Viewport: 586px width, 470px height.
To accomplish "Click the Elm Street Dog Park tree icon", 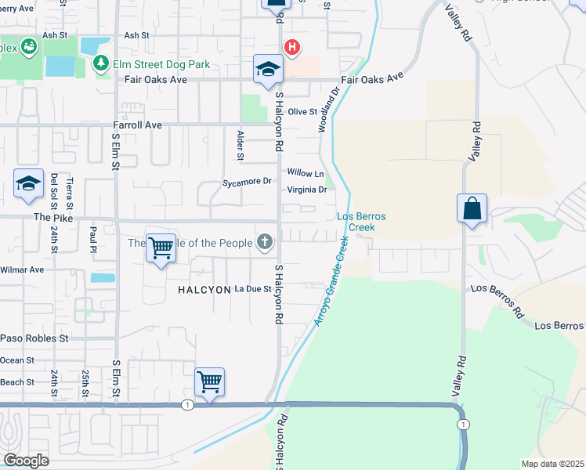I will click(101, 63).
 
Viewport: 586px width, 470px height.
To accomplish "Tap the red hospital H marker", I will click(292, 48).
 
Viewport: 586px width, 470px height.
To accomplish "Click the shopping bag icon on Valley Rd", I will click(472, 209).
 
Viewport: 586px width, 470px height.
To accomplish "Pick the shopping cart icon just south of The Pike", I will click(161, 248).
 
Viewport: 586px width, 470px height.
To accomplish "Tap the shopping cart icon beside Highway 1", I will click(209, 382).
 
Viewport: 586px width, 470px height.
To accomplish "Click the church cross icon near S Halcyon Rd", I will click(266, 242).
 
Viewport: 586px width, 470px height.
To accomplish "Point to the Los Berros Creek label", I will click(356, 222).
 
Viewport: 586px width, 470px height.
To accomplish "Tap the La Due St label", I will click(252, 289).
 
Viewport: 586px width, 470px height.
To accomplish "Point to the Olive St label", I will click(302, 112).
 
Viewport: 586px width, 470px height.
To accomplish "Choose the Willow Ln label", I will click(305, 173).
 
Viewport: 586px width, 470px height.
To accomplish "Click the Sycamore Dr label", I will click(246, 182).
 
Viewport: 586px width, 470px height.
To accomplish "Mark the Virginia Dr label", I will click(306, 190).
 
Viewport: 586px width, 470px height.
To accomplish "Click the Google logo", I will click(26, 461).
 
